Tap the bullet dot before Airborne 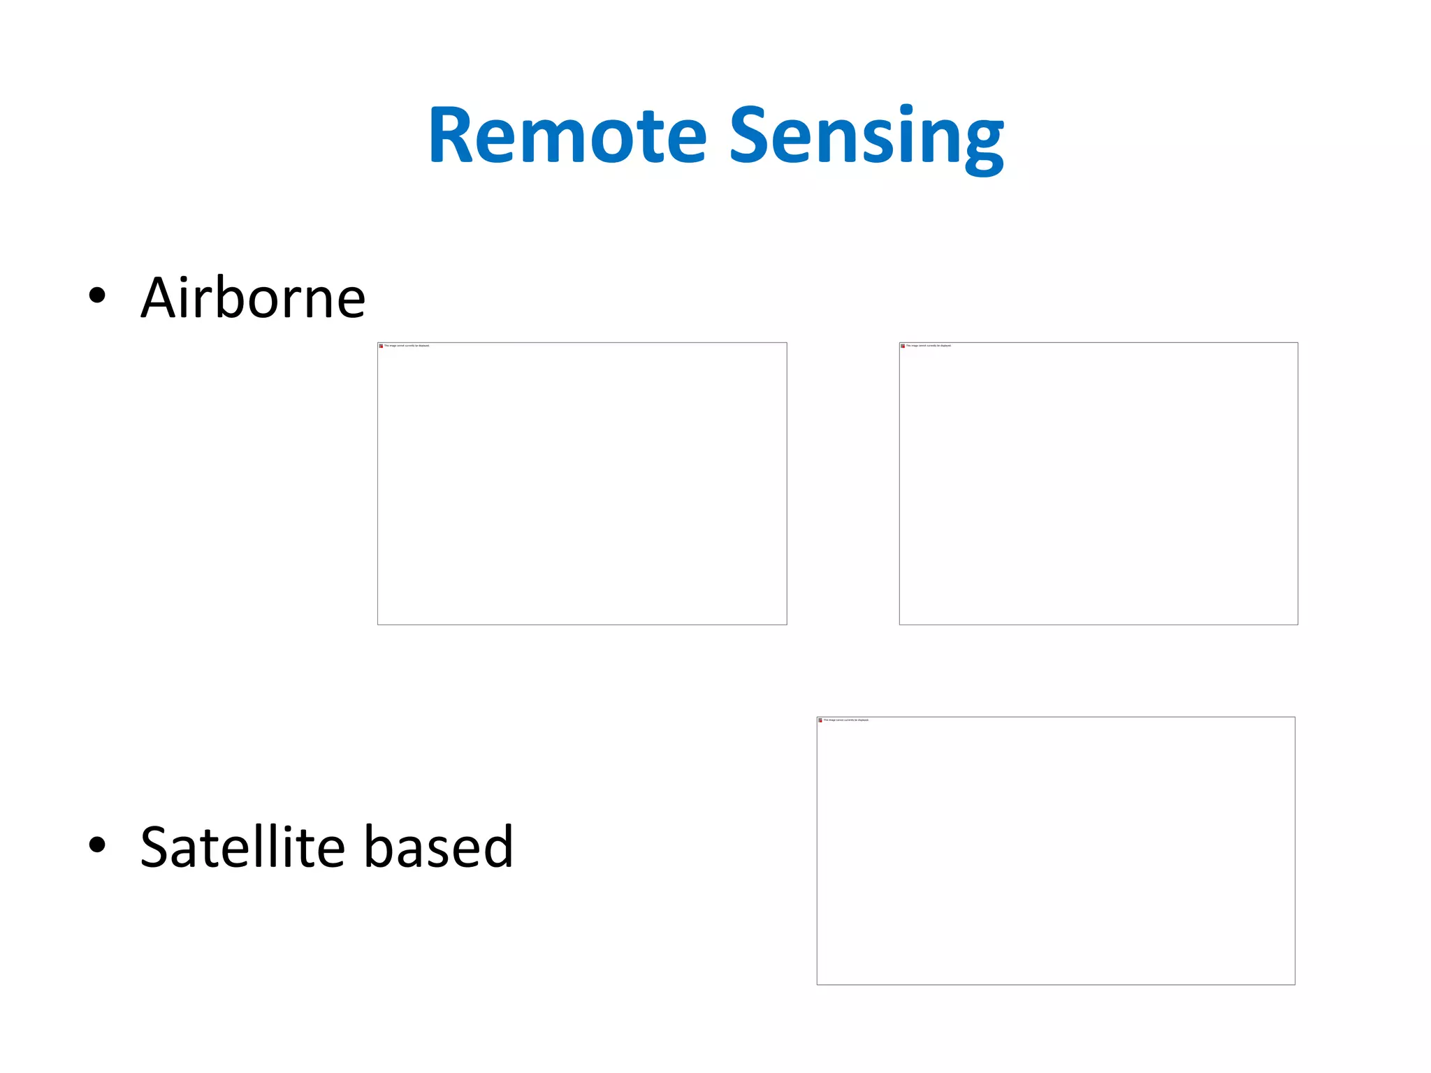click(97, 295)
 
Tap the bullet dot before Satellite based click(97, 845)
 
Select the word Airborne click(253, 298)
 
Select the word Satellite click(242, 847)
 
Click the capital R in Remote click(451, 136)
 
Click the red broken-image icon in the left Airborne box click(381, 346)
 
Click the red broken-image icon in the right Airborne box click(903, 346)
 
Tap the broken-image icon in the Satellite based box click(820, 720)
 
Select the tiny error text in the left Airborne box click(407, 346)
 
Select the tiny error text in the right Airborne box click(929, 346)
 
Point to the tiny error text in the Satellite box click(846, 720)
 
